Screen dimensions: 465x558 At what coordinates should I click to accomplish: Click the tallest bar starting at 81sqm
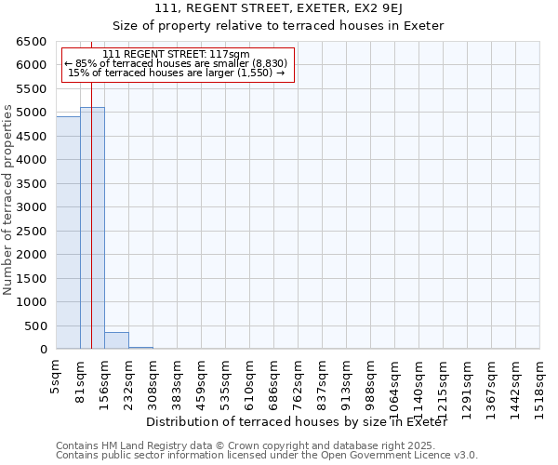click(92, 228)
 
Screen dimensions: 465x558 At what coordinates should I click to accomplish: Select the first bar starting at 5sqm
click(68, 232)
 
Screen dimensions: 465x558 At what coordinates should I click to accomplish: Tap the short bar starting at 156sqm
click(116, 340)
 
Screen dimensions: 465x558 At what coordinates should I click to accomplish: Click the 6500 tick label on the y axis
click(32, 42)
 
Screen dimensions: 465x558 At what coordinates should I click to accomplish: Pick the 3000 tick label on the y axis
click(32, 207)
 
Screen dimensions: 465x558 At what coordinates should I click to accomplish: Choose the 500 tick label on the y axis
click(35, 326)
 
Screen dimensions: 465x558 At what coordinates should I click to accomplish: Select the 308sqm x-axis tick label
click(153, 382)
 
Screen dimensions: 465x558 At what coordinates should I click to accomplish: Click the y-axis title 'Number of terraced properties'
click(9, 200)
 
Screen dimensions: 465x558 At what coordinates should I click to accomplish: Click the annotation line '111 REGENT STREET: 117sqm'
click(177, 54)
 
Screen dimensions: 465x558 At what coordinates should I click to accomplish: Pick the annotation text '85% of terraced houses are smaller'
click(177, 63)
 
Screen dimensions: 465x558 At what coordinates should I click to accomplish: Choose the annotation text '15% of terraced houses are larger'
click(177, 73)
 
